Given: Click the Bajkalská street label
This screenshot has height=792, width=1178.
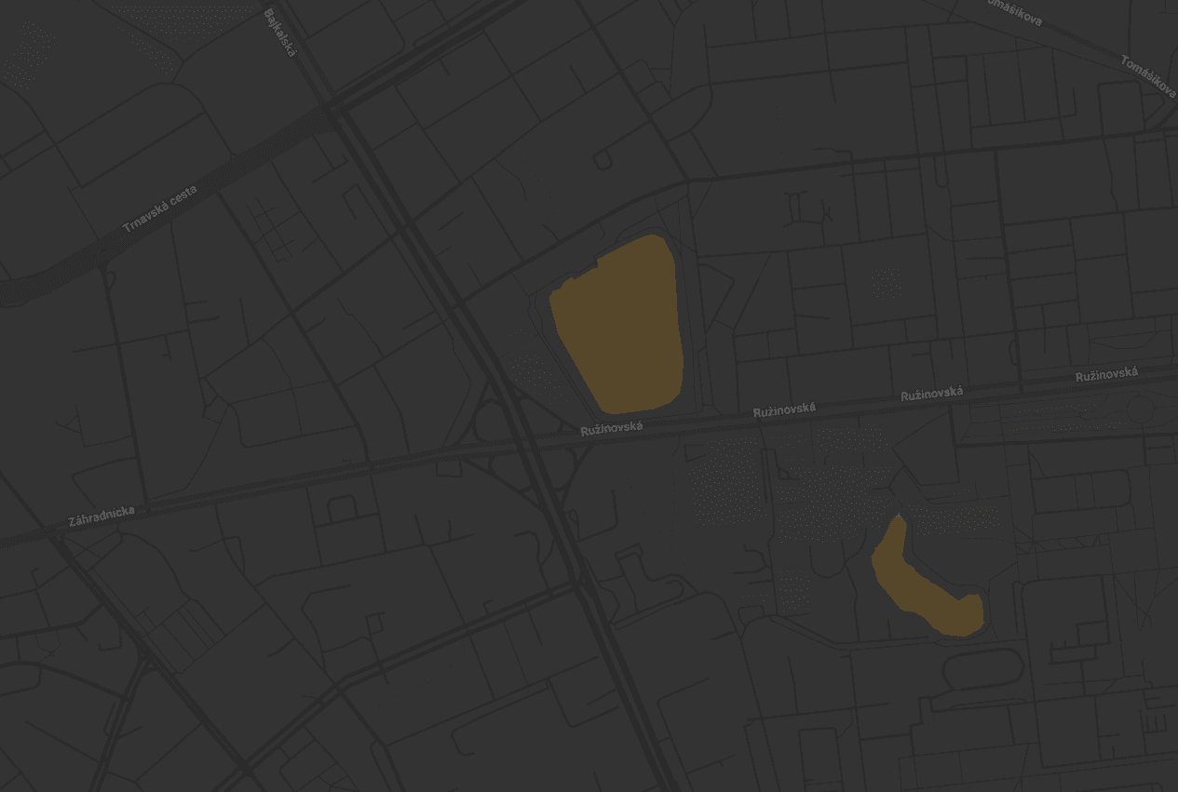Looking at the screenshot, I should pyautogui.click(x=279, y=34).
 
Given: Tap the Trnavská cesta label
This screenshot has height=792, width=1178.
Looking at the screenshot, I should pyautogui.click(x=160, y=209).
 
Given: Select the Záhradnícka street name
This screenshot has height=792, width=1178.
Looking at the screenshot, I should pyautogui.click(x=102, y=516).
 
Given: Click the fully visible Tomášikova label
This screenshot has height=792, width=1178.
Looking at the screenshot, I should pyautogui.click(x=1147, y=76).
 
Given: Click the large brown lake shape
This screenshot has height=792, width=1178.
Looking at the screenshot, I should pyautogui.click(x=619, y=326).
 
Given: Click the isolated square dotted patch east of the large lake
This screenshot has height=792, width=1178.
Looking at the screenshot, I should pyautogui.click(x=887, y=282).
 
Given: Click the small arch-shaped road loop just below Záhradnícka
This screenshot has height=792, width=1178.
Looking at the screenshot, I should pyautogui.click(x=342, y=508).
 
